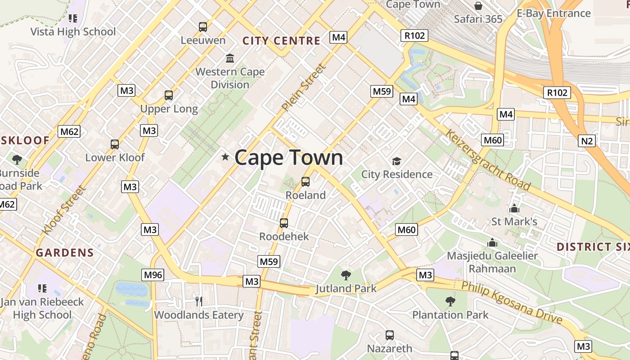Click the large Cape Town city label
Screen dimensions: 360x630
pyautogui.click(x=288, y=157)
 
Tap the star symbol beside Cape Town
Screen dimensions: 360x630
pyautogui.click(x=225, y=157)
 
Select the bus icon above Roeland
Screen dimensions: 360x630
pyautogui.click(x=306, y=182)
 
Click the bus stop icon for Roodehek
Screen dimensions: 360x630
pyautogui.click(x=283, y=223)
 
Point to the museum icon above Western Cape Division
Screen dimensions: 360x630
pyautogui.click(x=230, y=58)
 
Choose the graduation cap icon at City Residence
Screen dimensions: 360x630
pyautogui.click(x=396, y=161)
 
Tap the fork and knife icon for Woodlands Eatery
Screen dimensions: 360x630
pyautogui.click(x=198, y=301)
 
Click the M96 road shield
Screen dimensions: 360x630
pyautogui.click(x=153, y=274)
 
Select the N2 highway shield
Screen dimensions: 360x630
pyautogui.click(x=587, y=141)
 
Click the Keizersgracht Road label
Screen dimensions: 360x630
pyautogui.click(x=488, y=160)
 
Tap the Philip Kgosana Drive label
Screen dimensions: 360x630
pyautogui.click(x=512, y=302)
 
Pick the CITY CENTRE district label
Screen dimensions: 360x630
pyautogui.click(x=281, y=41)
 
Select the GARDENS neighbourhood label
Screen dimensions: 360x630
pyautogui.click(x=65, y=252)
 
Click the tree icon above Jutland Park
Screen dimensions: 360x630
pyautogui.click(x=346, y=275)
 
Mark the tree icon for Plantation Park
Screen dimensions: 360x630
pyautogui.click(x=450, y=301)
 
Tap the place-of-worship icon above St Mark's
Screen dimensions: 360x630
pyautogui.click(x=514, y=208)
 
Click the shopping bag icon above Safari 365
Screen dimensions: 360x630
pyautogui.click(x=478, y=6)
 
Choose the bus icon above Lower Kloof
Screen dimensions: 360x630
pyautogui.click(x=115, y=144)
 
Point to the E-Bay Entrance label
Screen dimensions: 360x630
pyautogui.click(x=553, y=13)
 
